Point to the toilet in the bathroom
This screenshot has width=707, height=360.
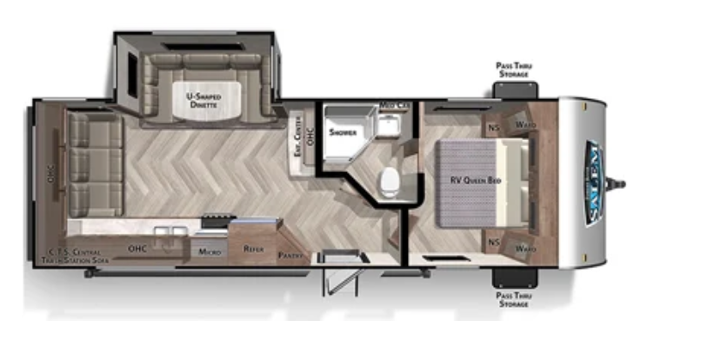[389, 179]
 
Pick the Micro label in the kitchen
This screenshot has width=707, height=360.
[208, 251]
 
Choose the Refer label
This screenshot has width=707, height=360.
[253, 250]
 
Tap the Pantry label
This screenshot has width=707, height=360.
[290, 256]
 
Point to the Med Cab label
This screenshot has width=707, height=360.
[394, 107]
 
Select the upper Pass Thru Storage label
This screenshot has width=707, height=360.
[514, 70]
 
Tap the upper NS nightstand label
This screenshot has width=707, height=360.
[493, 127]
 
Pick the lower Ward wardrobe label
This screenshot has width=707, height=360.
[524, 249]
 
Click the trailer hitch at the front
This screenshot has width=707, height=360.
[621, 182]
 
